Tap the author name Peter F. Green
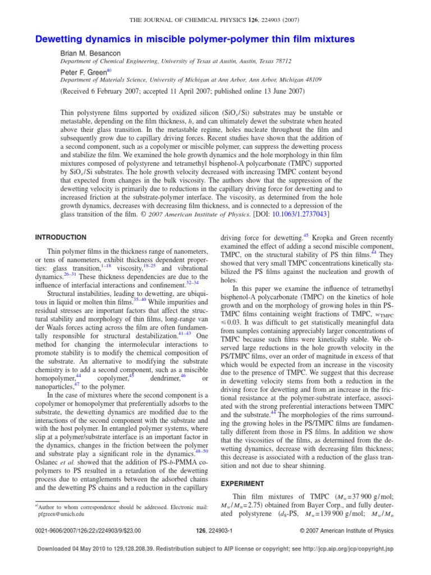[x=85, y=72]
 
